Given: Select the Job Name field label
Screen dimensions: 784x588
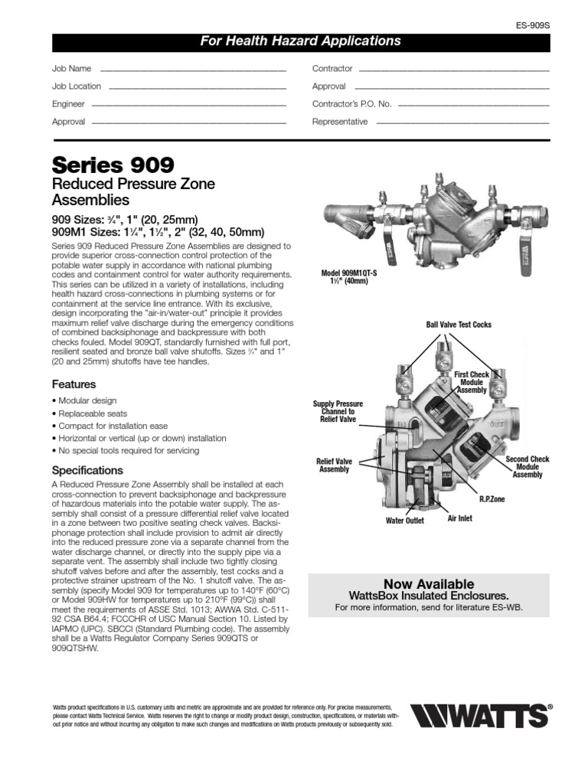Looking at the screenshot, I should (71, 69).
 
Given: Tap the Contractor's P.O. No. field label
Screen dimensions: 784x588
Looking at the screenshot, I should (351, 104).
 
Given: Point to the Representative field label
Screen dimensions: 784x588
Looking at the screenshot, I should (340, 122).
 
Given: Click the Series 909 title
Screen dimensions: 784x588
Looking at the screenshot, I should (113, 165).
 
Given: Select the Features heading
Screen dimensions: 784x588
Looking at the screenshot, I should (73, 384).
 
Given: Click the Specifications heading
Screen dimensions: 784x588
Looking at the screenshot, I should (87, 470).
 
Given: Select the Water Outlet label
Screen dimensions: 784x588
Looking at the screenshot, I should (404, 521).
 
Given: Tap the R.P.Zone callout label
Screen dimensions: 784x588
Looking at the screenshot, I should (492, 499).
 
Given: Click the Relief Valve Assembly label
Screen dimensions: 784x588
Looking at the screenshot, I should (334, 465).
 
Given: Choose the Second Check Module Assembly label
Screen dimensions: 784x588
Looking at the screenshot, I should (528, 466).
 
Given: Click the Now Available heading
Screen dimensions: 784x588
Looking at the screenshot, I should (428, 584).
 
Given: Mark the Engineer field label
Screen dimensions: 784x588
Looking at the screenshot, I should (68, 104).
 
